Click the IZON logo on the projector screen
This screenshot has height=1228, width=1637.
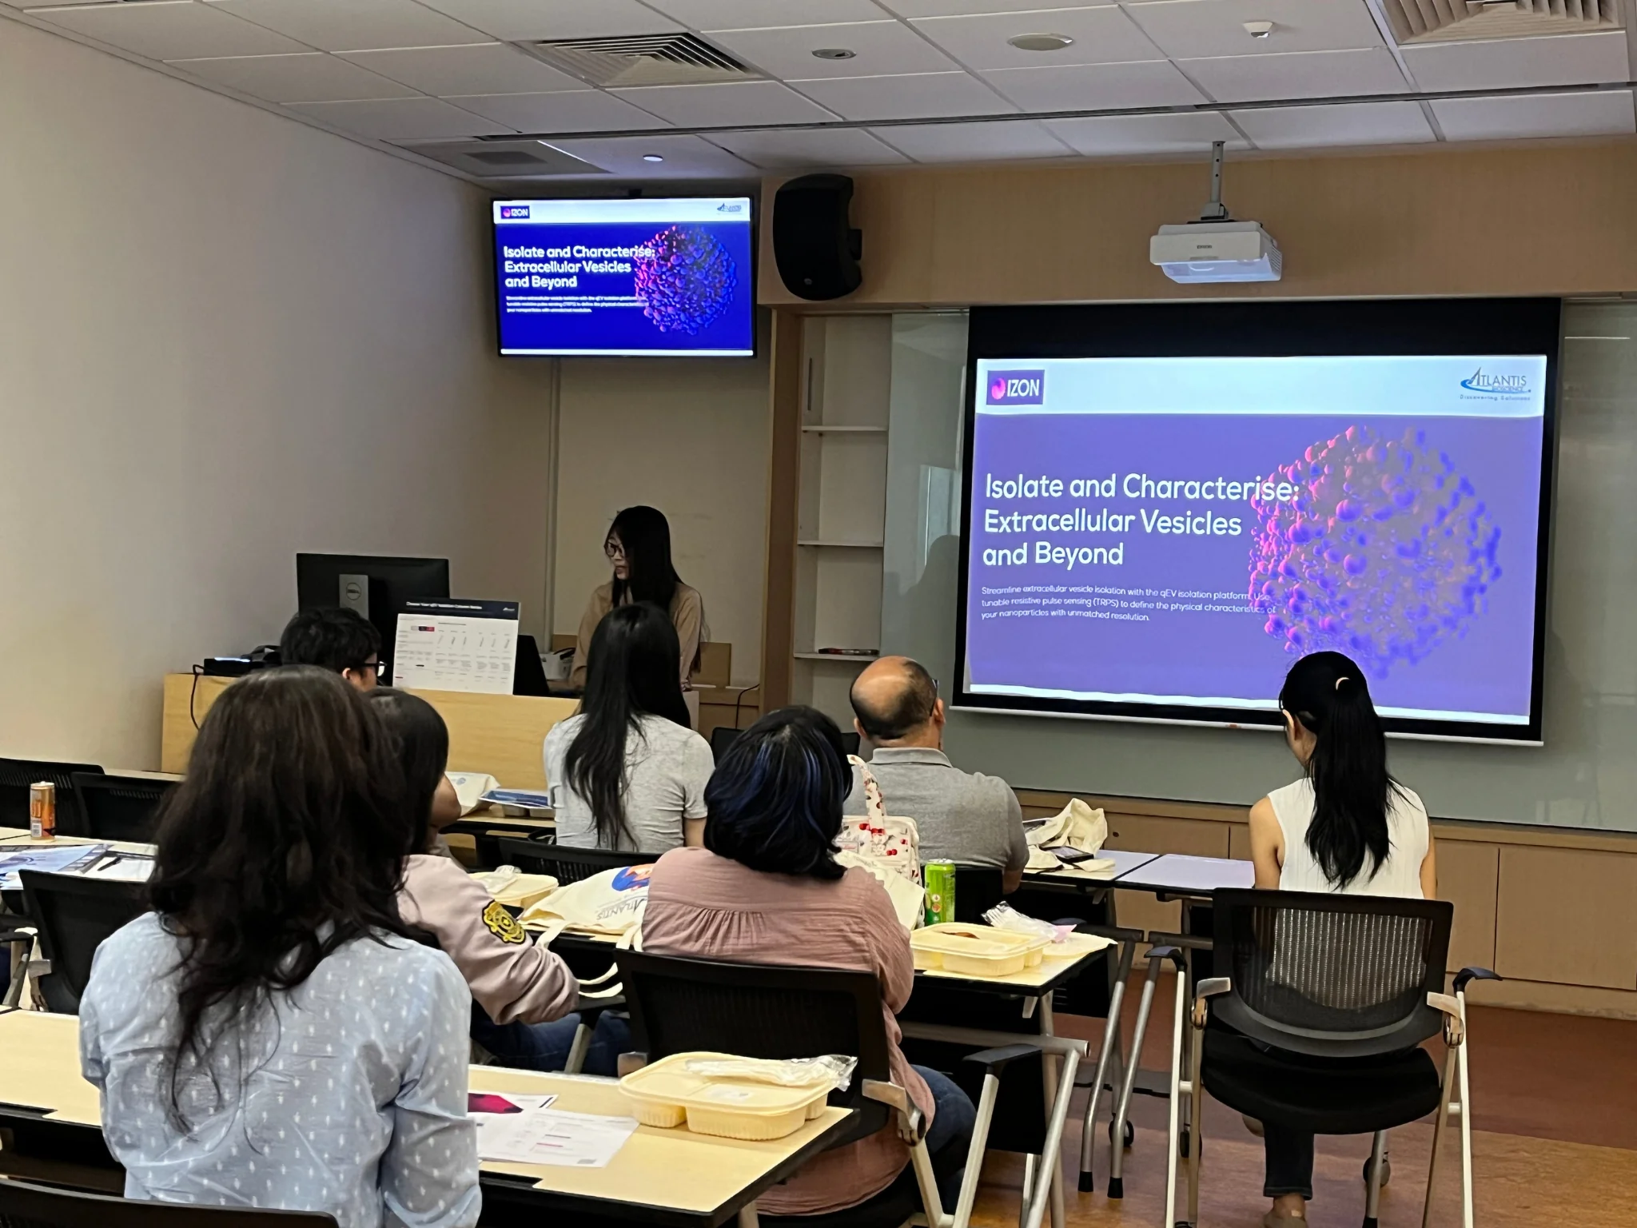coord(1015,388)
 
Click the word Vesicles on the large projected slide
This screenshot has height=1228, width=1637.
coord(1190,522)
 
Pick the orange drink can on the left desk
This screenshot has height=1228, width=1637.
coord(42,810)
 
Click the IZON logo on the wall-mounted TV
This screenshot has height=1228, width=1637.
coord(516,213)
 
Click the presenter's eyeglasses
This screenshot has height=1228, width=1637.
coord(614,548)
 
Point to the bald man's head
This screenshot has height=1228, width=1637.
coord(895,696)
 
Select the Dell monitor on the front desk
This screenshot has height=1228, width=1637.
coord(372,592)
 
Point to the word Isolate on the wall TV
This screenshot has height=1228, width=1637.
coord(524,252)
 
